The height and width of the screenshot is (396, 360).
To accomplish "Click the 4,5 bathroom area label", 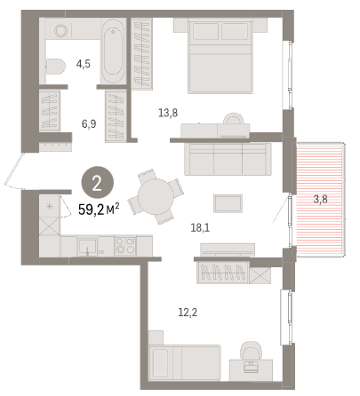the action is point(84,64).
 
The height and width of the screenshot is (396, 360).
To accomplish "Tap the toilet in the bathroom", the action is point(55,67).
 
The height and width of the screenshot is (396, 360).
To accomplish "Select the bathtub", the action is point(113,51).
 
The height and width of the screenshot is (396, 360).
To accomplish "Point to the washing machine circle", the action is point(61,30).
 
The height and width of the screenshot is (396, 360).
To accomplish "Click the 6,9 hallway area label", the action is point(89,124).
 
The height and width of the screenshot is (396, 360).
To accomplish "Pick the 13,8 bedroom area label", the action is point(168,113).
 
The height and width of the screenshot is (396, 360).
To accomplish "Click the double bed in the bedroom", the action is point(220,56).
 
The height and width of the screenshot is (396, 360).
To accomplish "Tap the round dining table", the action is point(156,196).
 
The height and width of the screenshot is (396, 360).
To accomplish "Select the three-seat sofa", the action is point(228,159).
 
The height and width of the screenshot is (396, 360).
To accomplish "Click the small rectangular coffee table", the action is point(228,203).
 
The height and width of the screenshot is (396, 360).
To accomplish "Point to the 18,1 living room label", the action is point(200,227).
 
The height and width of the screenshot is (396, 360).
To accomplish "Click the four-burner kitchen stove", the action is point(125,246).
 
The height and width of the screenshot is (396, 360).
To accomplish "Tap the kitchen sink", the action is point(87,246).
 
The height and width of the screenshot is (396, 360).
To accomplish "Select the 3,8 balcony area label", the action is point(321,199).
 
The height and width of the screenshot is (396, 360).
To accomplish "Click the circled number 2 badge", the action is point(97,184).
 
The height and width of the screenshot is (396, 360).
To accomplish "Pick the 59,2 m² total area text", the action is point(99,210).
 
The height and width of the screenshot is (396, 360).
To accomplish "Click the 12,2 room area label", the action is point(188,312).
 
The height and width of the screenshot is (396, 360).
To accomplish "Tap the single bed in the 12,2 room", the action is point(185,363).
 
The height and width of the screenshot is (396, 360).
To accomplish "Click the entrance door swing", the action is point(14,171).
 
